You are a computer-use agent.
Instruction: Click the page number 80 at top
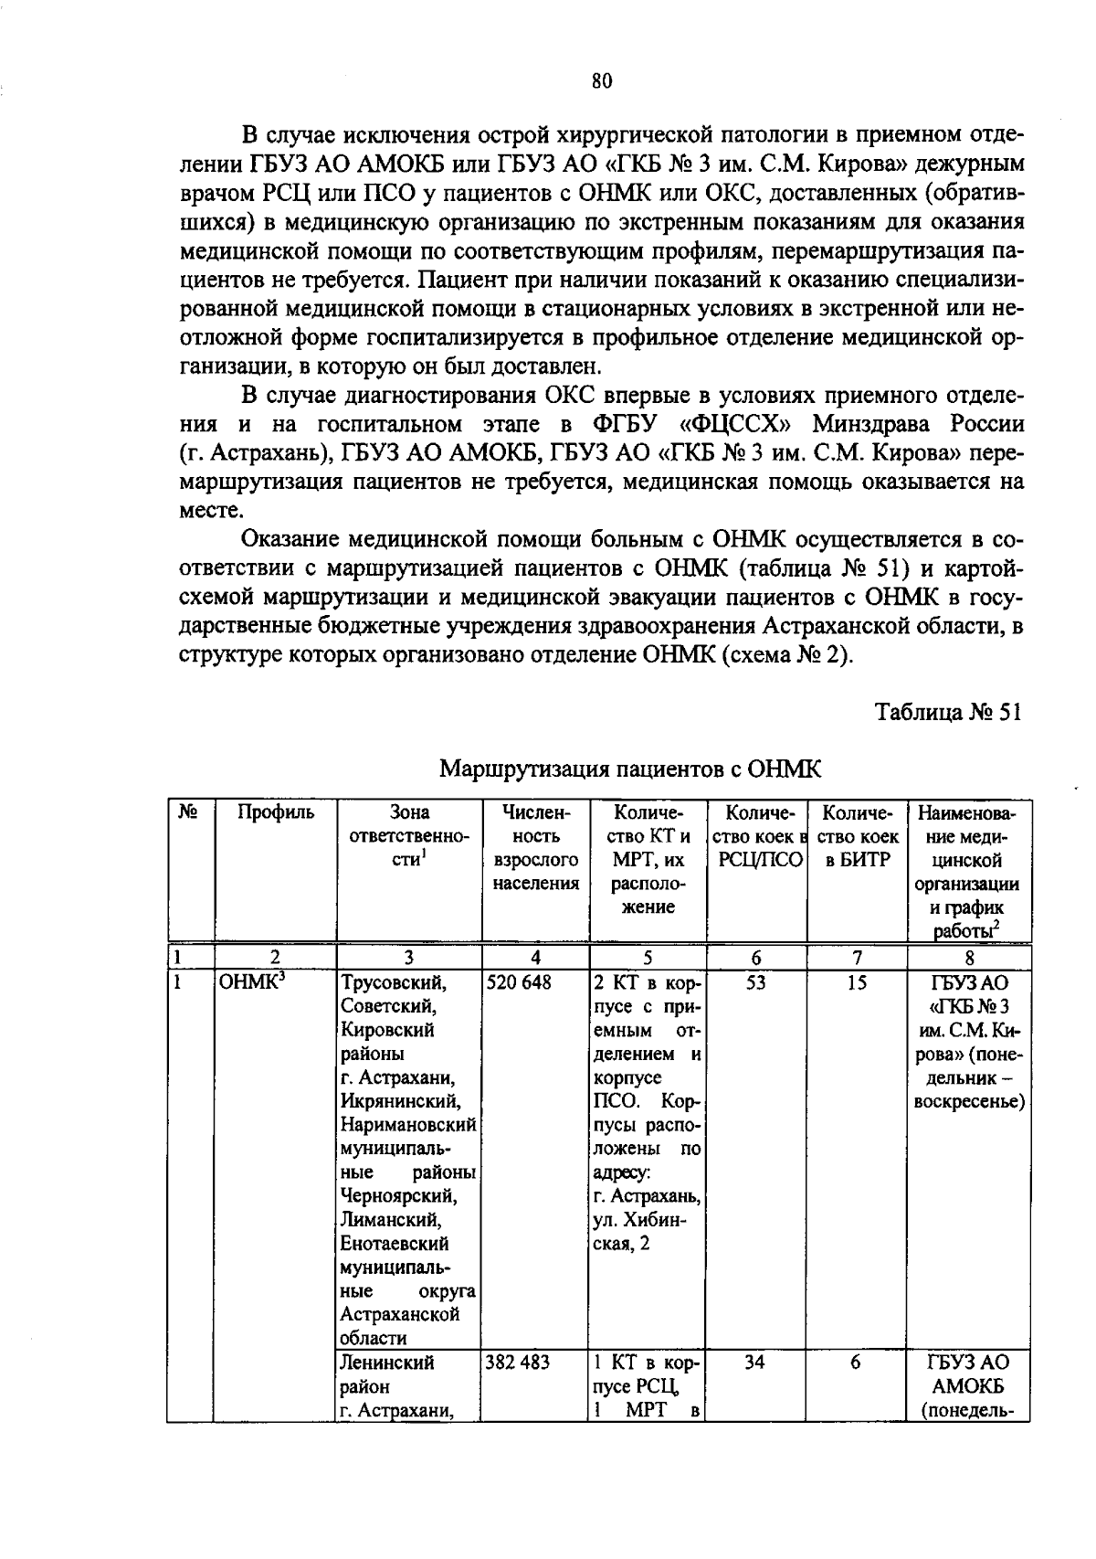(x=601, y=81)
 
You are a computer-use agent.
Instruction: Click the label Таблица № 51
(x=947, y=712)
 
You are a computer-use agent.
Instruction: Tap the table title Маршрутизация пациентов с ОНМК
(x=630, y=769)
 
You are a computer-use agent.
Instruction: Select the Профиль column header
(x=275, y=812)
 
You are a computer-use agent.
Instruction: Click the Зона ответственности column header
(x=408, y=836)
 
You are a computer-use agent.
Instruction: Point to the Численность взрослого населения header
(x=536, y=848)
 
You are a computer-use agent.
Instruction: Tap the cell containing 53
(x=755, y=983)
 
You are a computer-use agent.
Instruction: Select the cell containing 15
(x=856, y=983)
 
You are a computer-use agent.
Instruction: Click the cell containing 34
(x=755, y=1363)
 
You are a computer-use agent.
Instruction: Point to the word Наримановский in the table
(x=408, y=1126)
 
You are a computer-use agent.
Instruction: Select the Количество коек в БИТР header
(x=856, y=836)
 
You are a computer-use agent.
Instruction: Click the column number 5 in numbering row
(x=647, y=958)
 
